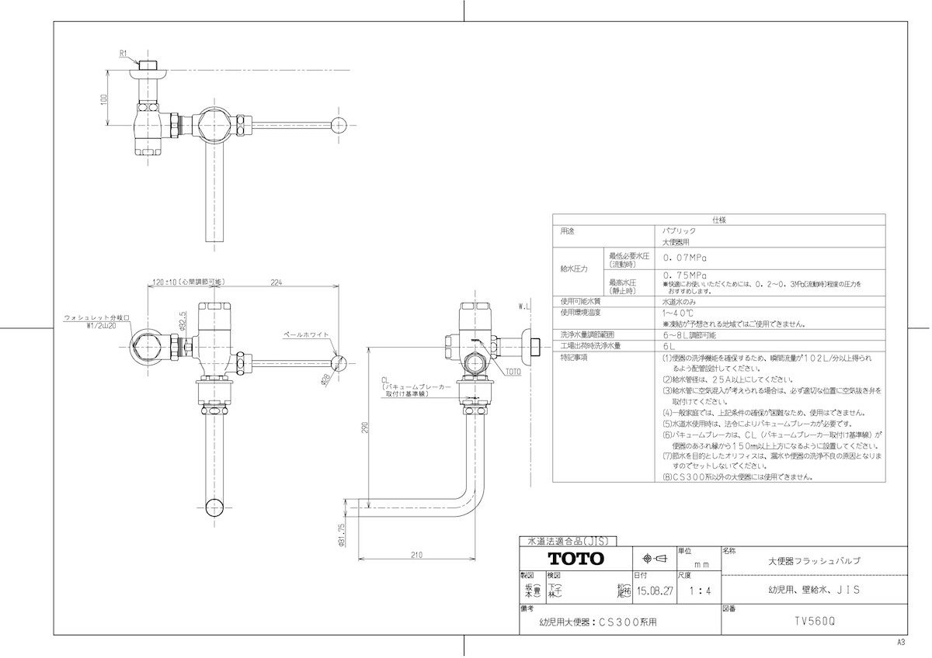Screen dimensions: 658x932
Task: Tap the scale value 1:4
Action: point(699,591)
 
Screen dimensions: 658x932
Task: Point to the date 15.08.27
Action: point(654,591)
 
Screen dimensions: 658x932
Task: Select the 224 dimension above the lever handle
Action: point(276,283)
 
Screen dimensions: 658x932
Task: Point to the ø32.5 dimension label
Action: point(183,321)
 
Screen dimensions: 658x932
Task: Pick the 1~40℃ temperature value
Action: point(676,312)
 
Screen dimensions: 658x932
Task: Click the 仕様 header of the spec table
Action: point(718,220)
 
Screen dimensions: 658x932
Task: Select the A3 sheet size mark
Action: point(901,642)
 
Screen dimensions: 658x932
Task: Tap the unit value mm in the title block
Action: point(701,565)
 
